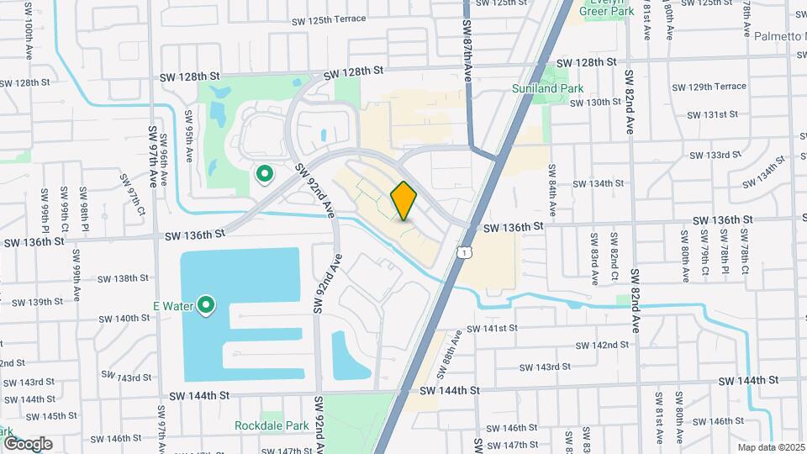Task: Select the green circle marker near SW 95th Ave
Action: [265, 174]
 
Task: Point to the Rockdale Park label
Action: [272, 425]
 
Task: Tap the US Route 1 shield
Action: [464, 251]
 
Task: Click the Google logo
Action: [27, 443]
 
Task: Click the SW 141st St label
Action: [496, 328]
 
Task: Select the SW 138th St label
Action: [123, 278]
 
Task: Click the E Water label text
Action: [172, 306]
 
